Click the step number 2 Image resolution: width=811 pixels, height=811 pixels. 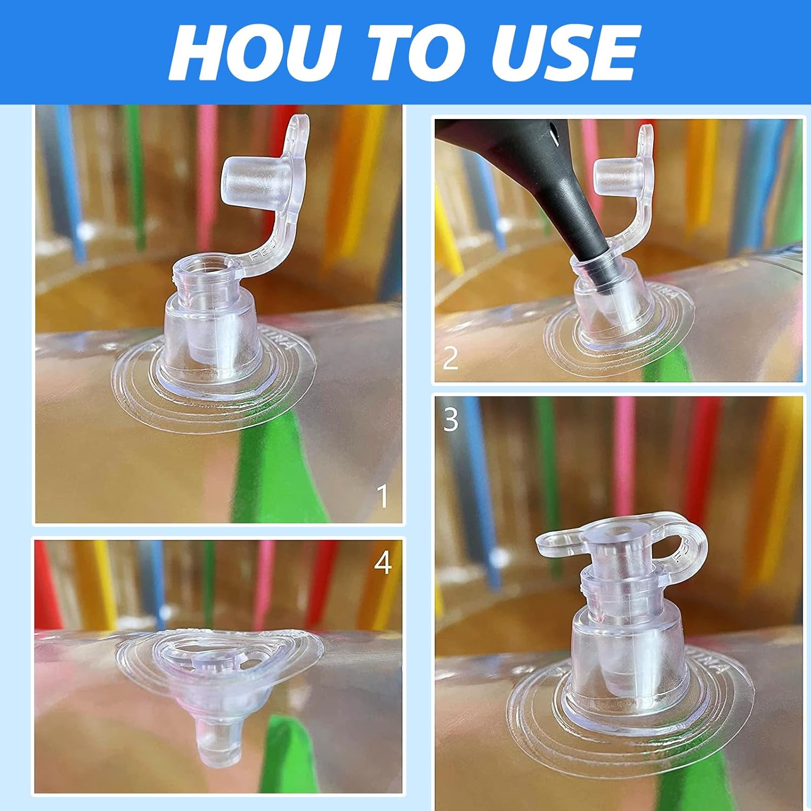[450, 357]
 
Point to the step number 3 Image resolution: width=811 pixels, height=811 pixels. [450, 418]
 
